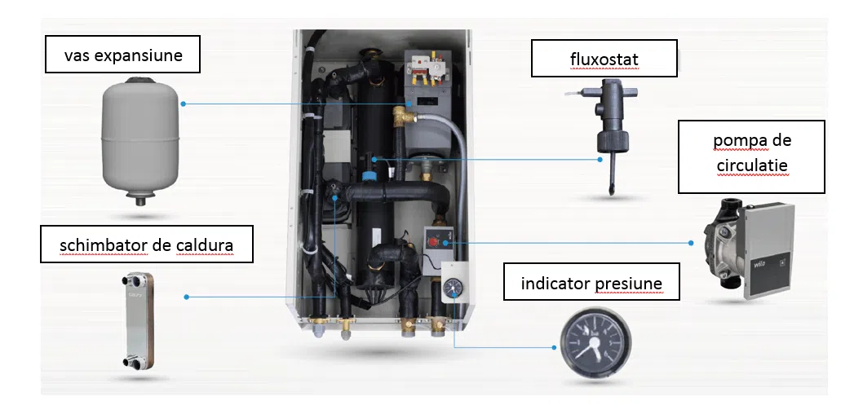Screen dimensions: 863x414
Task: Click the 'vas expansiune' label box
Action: [x=122, y=55]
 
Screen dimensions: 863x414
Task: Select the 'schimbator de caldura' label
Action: [x=146, y=244]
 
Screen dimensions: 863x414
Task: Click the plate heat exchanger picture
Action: [x=138, y=322]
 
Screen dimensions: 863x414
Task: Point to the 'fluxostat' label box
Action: [x=604, y=57]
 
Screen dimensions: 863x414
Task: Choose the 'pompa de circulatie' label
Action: [x=751, y=156]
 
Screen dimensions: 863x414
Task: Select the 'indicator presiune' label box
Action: [x=591, y=281]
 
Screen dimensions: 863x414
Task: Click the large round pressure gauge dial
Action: [x=595, y=345]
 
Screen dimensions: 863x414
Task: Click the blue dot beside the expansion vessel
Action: [x=183, y=103]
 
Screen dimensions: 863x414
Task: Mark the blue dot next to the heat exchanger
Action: [x=186, y=297]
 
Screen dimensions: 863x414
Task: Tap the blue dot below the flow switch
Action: [x=600, y=160]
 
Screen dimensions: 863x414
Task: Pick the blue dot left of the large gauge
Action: [x=554, y=347]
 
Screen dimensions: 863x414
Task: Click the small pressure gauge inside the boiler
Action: [x=454, y=286]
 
